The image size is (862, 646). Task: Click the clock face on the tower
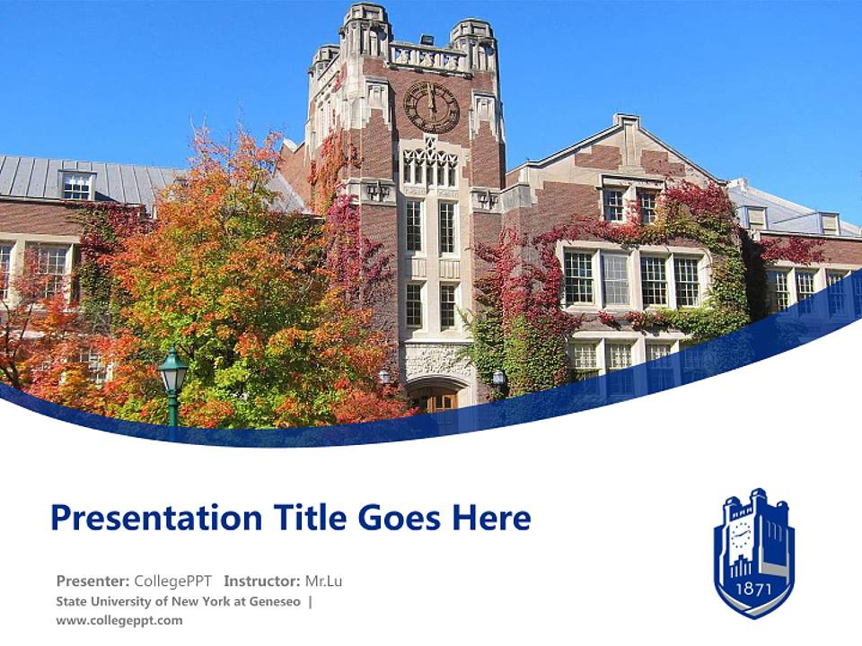click(x=431, y=107)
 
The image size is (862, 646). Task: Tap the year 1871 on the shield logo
click(x=753, y=589)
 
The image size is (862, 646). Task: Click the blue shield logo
click(x=753, y=554)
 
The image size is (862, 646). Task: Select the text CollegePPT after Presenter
click(x=172, y=581)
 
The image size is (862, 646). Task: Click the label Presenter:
click(x=92, y=581)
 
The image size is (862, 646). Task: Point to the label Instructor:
click(x=261, y=581)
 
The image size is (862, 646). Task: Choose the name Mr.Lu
click(x=323, y=581)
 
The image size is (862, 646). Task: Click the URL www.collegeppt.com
click(x=119, y=620)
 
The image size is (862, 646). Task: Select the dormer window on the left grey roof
click(x=78, y=186)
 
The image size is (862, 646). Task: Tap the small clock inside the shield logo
click(x=741, y=538)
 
